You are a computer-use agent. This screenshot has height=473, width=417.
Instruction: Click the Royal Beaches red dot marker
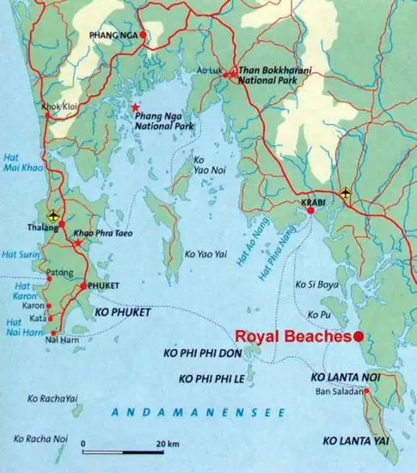[x=358, y=337]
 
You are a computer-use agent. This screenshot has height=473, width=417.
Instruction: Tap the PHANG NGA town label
[x=113, y=35]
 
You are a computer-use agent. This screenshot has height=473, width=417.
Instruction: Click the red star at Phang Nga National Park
[x=134, y=107]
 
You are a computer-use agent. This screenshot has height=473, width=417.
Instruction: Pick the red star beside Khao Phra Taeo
[x=78, y=243]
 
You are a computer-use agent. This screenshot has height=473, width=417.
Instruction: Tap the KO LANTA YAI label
[x=356, y=441]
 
